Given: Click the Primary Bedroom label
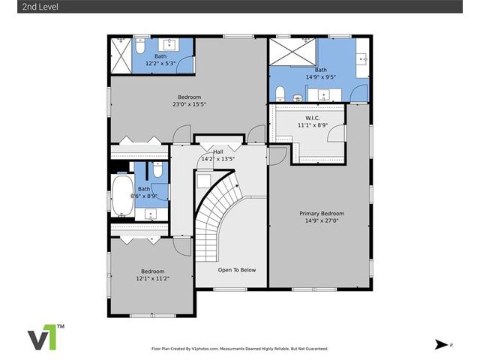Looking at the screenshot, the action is click(322, 213).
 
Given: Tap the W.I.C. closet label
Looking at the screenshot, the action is click(313, 118).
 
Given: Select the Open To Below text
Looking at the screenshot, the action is click(237, 270).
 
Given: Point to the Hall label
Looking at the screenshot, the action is click(218, 151).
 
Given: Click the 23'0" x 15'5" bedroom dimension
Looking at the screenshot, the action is click(189, 104).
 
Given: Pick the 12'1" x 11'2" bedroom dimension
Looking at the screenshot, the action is click(153, 278).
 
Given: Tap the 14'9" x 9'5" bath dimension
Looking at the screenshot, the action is click(321, 77).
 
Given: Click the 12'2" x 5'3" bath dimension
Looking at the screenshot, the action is click(160, 63).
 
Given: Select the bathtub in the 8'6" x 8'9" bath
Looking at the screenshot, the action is click(122, 195).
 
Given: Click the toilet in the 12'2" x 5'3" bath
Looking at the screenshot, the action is click(140, 46).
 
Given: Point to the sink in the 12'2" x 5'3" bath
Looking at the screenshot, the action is click(169, 45).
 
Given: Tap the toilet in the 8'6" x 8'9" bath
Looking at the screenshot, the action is click(157, 170).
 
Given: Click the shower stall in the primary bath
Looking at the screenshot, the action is click(292, 52).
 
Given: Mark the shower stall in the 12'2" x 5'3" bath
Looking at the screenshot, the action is click(121, 55).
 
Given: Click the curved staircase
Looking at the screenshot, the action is click(217, 214).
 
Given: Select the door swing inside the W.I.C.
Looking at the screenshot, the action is click(336, 133).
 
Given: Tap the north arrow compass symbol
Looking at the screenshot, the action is click(441, 344).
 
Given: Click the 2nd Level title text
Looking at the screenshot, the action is click(40, 7).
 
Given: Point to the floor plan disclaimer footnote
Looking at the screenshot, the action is click(240, 349).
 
